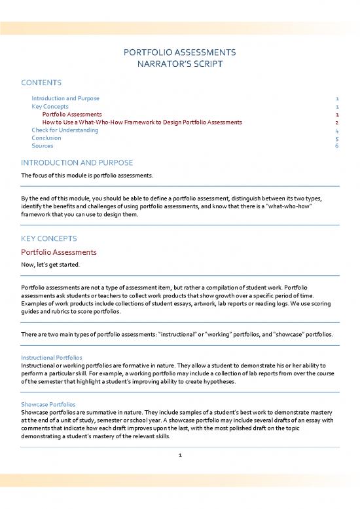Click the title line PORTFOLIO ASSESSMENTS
[179, 52]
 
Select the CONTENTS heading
[41, 83]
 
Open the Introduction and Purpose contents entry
[65, 98]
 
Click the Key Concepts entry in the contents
[50, 106]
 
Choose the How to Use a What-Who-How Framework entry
[142, 122]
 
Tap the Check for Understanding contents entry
[65, 130]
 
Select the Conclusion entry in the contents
[46, 138]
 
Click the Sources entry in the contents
[43, 145]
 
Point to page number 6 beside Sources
[336, 145]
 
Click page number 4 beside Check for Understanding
[336, 130]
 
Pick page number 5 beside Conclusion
[336, 138]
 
